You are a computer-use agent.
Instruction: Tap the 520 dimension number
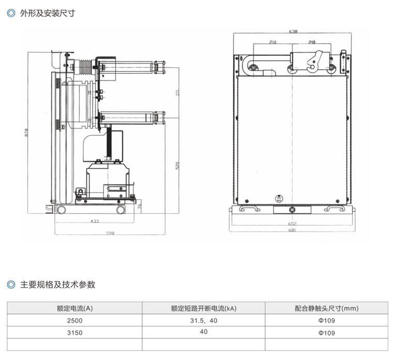pos(177,166)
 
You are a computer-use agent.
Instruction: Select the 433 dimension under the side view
pos(95,221)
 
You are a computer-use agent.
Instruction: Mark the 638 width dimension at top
pos(293,32)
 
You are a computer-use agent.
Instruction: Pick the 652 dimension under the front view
pos(294,223)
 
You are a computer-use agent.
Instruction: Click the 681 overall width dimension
pos(294,230)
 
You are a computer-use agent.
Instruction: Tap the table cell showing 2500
pos(74,321)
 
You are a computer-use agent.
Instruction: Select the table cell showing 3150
pos(74,332)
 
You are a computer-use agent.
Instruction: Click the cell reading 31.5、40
pos(203,321)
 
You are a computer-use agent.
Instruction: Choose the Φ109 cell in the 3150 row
pos(327,332)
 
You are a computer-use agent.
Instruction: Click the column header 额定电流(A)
pos(74,308)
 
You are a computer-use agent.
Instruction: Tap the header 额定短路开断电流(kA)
pos(203,308)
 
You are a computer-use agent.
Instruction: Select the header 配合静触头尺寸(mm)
pos(327,308)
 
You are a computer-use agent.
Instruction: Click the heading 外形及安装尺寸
pos(48,13)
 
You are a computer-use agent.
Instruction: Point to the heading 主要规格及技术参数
pos(58,284)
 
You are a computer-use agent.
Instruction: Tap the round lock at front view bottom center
pos(293,210)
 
